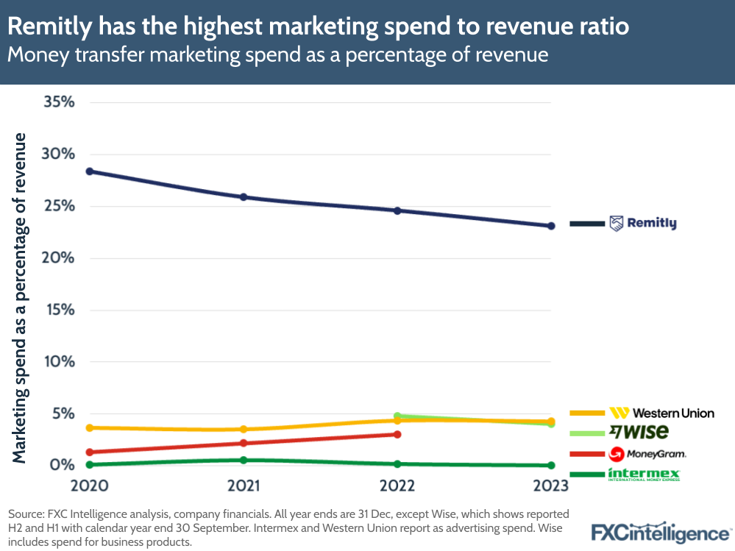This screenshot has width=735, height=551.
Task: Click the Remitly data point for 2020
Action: click(x=89, y=171)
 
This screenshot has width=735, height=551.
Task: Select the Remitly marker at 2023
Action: click(x=550, y=226)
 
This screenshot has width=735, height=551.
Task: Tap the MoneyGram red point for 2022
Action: click(x=397, y=435)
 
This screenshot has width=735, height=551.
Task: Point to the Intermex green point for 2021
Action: click(x=244, y=460)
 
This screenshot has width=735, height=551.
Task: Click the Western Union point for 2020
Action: click(x=89, y=427)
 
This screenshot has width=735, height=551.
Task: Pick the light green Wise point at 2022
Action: click(x=397, y=416)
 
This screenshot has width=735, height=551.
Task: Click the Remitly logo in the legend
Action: click(x=642, y=223)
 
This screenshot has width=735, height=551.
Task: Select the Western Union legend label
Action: click(x=672, y=413)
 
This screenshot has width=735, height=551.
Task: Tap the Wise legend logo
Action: click(x=638, y=432)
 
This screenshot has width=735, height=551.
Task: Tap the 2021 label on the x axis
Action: click(x=244, y=486)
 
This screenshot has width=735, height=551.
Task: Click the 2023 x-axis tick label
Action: click(x=550, y=486)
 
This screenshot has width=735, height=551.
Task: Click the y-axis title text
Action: click(x=20, y=298)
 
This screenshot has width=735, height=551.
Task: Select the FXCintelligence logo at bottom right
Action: click(x=661, y=533)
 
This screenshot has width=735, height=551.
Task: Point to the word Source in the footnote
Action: click(x=27, y=513)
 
